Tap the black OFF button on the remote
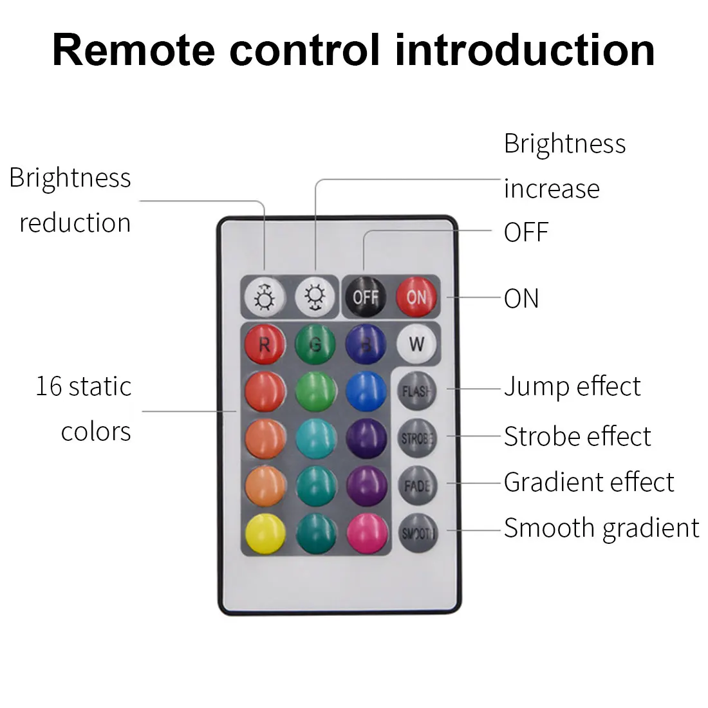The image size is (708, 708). [x=366, y=297]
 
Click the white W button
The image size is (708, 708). [x=416, y=344]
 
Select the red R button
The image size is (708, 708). [x=265, y=344]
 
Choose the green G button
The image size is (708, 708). [x=315, y=344]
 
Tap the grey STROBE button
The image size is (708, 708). [x=417, y=438]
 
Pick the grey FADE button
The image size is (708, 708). [x=417, y=485]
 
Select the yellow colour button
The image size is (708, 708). [x=265, y=532]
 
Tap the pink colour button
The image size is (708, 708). [x=367, y=532]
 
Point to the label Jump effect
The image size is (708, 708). [x=572, y=387]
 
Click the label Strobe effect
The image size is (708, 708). [x=577, y=436]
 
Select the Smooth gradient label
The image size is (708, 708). [x=601, y=528]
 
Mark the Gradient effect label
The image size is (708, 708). [x=589, y=482]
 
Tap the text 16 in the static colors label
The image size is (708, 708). [x=49, y=387]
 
